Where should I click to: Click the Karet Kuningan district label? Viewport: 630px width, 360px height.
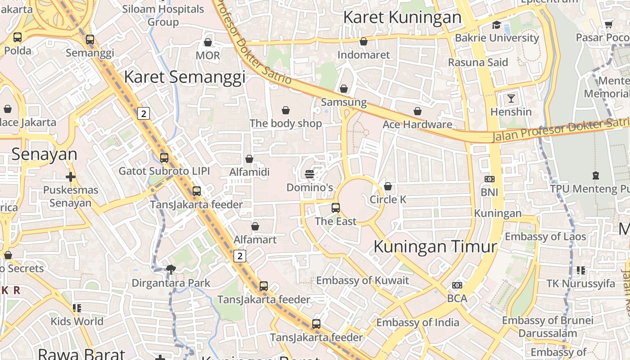[x=402, y=18]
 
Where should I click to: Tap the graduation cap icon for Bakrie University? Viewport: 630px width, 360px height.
[x=496, y=25]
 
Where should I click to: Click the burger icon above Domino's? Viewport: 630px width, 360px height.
[x=310, y=174]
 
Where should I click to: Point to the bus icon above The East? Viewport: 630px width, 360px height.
[x=336, y=207]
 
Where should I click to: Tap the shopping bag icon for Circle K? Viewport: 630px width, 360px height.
[x=388, y=186]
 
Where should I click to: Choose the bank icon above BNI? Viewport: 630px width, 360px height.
[x=489, y=179]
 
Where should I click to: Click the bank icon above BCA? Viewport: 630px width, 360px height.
[x=457, y=285]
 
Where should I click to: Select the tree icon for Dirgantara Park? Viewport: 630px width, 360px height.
[x=171, y=270]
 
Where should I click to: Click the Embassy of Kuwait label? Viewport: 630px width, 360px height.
[x=363, y=280]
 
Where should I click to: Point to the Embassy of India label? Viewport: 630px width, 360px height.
[x=418, y=322]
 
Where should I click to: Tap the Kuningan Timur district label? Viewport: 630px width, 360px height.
[x=435, y=247]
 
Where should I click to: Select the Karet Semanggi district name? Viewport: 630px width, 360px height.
[x=184, y=77]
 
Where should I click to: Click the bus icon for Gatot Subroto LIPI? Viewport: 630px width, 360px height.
[x=164, y=158]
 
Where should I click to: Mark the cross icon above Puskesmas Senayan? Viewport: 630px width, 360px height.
[x=71, y=177]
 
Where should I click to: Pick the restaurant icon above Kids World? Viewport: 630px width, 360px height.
[x=77, y=308]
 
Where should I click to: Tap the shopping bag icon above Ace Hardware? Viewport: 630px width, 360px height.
[x=418, y=111]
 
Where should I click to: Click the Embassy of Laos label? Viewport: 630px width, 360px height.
[x=545, y=236]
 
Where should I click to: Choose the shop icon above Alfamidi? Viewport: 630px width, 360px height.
[x=249, y=159]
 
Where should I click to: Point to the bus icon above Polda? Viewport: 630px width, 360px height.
[x=18, y=37]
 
